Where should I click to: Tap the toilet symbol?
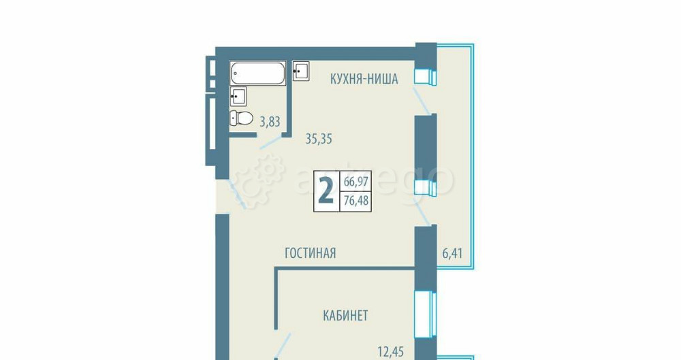[x=241, y=118]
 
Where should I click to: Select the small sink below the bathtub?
[x=238, y=95]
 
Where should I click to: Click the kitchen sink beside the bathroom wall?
[x=301, y=71]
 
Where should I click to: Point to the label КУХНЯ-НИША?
[x=364, y=79]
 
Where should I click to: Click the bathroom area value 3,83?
[x=269, y=122]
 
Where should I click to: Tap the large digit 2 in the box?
[x=326, y=191]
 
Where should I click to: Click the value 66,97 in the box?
[x=357, y=182]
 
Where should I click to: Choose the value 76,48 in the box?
[x=357, y=201]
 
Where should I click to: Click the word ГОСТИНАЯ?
[x=311, y=253]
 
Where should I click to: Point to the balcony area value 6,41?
[x=452, y=255]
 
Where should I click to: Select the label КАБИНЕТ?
[x=345, y=315]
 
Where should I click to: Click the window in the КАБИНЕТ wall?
[x=425, y=313]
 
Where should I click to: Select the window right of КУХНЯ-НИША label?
[x=425, y=76]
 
